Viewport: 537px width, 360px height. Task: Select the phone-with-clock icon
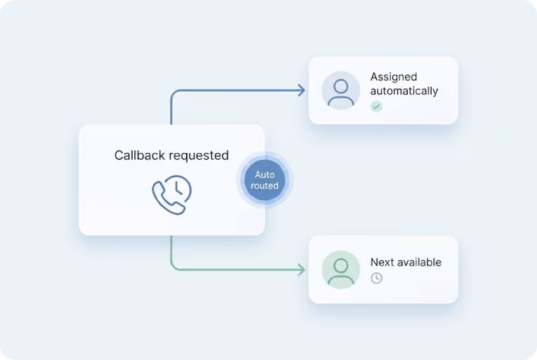tap(171, 194)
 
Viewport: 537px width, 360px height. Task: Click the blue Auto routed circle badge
tap(265, 180)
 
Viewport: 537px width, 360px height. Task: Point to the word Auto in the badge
tap(265, 175)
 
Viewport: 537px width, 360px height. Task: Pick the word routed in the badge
tap(265, 185)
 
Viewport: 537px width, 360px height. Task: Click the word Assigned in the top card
tap(393, 77)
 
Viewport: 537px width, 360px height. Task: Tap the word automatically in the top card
tap(404, 91)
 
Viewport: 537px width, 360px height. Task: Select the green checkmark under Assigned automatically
tap(377, 106)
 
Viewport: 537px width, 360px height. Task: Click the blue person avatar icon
tap(341, 91)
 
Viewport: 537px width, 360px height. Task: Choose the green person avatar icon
tap(341, 269)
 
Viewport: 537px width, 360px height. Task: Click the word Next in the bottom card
tap(382, 262)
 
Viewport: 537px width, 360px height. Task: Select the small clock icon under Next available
tap(377, 278)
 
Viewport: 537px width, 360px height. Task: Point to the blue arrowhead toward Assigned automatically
tap(301, 91)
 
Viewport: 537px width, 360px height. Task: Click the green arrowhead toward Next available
tap(301, 269)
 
